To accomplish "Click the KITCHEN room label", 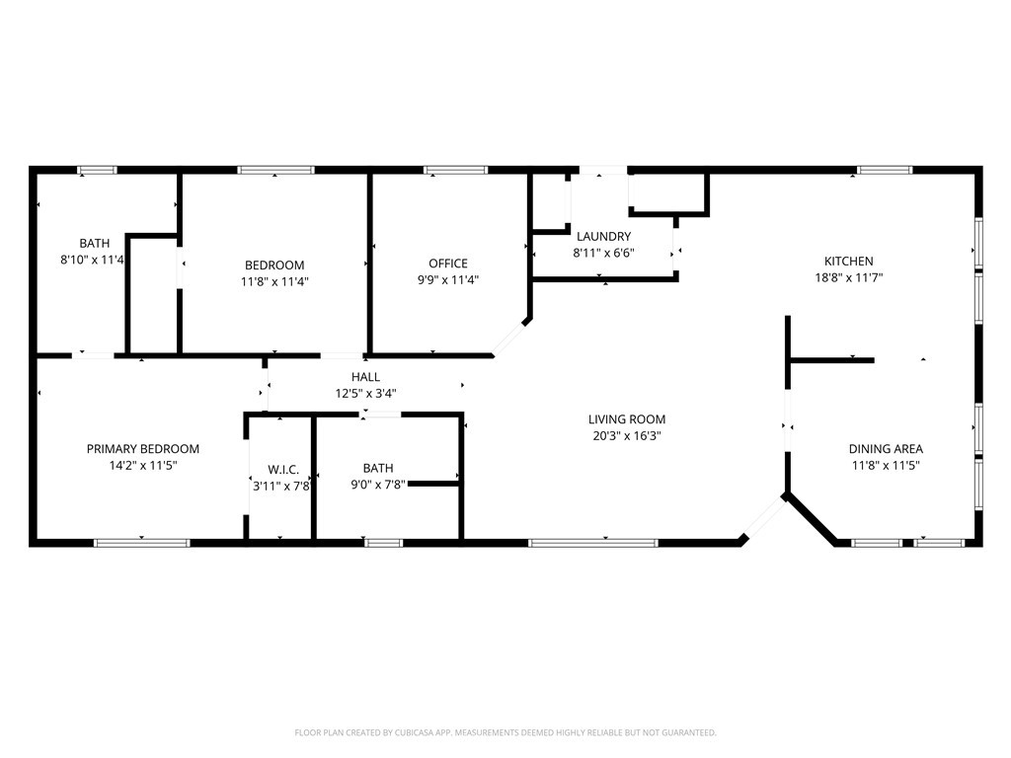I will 848,261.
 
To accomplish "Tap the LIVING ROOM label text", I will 627,419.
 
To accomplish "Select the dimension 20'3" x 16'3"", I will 627,435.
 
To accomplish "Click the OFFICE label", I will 448,264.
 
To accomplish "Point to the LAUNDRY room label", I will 603,236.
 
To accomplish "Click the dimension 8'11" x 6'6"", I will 603,253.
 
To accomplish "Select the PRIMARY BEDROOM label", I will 143,448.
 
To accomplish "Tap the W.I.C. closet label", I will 283,470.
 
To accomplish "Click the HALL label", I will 365,377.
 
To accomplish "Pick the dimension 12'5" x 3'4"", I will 365,393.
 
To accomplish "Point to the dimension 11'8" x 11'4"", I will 274,281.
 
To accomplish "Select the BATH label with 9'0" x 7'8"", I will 378,468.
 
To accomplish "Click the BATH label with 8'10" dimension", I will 95,243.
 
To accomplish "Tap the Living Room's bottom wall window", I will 593,542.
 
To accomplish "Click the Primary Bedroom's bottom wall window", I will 141,542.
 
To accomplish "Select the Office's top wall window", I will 455,170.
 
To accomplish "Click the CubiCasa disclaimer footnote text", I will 505,732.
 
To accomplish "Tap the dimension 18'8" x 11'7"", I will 848,277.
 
